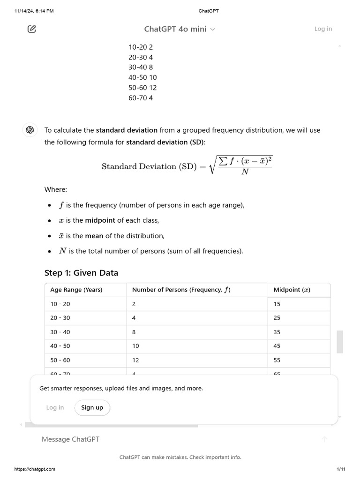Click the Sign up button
click(x=92, y=407)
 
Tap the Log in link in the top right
click(x=323, y=29)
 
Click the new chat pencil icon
click(x=32, y=29)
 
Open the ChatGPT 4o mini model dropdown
click(x=180, y=29)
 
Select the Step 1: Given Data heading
click(x=81, y=273)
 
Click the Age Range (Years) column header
click(x=76, y=290)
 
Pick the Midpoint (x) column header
click(x=292, y=290)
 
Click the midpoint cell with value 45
click(x=277, y=346)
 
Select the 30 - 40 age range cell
click(x=60, y=332)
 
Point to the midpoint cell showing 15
click(x=277, y=304)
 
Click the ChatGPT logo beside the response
click(x=30, y=130)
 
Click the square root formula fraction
click(x=245, y=166)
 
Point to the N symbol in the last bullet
click(x=62, y=251)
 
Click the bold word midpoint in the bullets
click(x=100, y=220)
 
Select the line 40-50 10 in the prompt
click(x=142, y=77)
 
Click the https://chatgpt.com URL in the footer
click(x=35, y=469)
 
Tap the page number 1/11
click(x=341, y=469)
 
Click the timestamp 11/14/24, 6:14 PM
click(x=34, y=11)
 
